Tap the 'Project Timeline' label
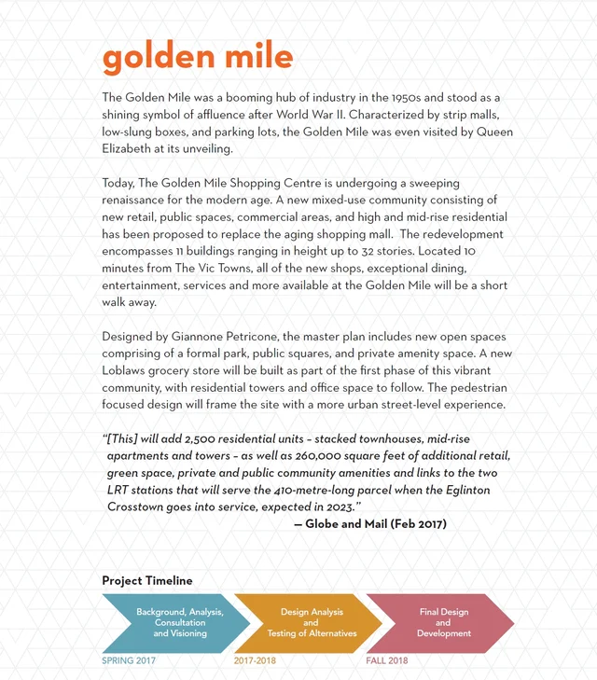[147, 580]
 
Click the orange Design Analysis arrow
[311, 622]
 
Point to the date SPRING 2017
[129, 660]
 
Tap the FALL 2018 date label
[387, 660]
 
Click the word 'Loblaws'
[127, 370]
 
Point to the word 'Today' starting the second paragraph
[119, 184]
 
